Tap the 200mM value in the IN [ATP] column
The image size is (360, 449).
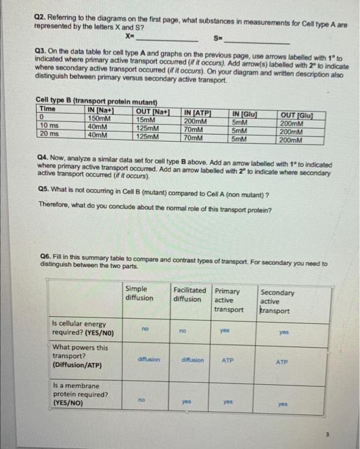point(194,121)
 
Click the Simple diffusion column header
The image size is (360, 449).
point(139,294)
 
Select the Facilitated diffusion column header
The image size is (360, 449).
point(190,294)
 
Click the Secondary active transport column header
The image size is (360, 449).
point(278,301)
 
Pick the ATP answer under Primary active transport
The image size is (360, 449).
point(227,361)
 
